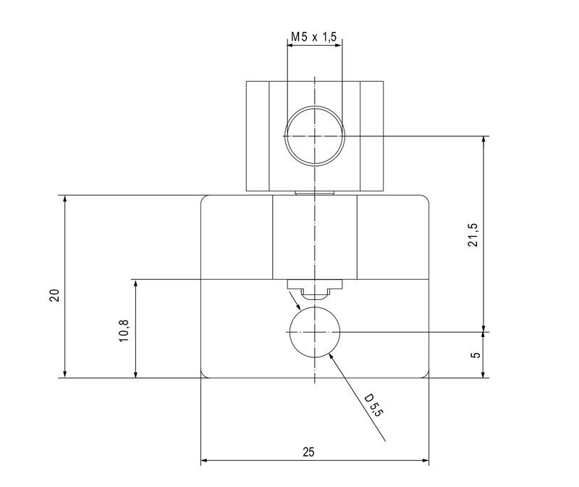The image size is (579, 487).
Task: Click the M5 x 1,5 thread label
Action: [x=314, y=37]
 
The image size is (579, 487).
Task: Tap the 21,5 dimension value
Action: [x=473, y=235]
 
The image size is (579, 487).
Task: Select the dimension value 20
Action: [x=55, y=296]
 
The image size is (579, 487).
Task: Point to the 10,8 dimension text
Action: [x=124, y=330]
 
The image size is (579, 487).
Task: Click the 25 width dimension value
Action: [x=309, y=452]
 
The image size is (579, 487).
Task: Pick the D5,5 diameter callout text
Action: [x=372, y=406]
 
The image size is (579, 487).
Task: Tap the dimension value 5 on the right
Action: [x=476, y=355]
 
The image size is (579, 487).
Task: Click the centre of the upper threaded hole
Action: [x=315, y=136]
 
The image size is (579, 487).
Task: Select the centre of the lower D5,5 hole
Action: [x=315, y=332]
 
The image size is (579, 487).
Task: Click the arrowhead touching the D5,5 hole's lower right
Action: [x=331, y=356]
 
